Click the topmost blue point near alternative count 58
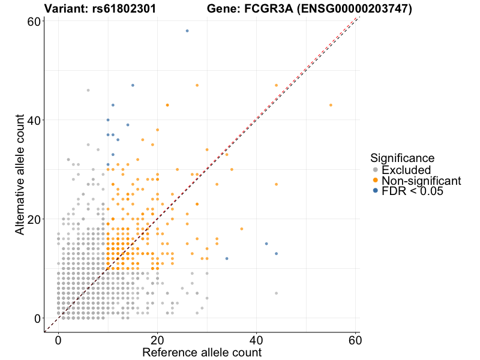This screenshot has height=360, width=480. (x=187, y=31)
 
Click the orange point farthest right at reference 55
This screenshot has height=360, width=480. (x=331, y=105)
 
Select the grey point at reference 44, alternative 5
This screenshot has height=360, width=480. (x=276, y=293)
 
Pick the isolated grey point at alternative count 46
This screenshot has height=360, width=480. (x=88, y=90)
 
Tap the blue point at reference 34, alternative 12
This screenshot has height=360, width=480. (x=227, y=259)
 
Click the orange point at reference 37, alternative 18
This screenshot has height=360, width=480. (x=242, y=229)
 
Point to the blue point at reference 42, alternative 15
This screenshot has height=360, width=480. (x=266, y=244)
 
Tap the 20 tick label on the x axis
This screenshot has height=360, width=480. (x=157, y=338)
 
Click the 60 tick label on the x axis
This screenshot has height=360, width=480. (x=355, y=338)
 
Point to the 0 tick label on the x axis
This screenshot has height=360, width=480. (x=58, y=338)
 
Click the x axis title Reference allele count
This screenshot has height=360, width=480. (x=202, y=352)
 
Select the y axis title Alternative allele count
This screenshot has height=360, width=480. (x=20, y=169)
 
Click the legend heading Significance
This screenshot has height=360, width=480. (x=402, y=158)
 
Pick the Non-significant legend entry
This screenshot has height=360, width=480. (x=421, y=181)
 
